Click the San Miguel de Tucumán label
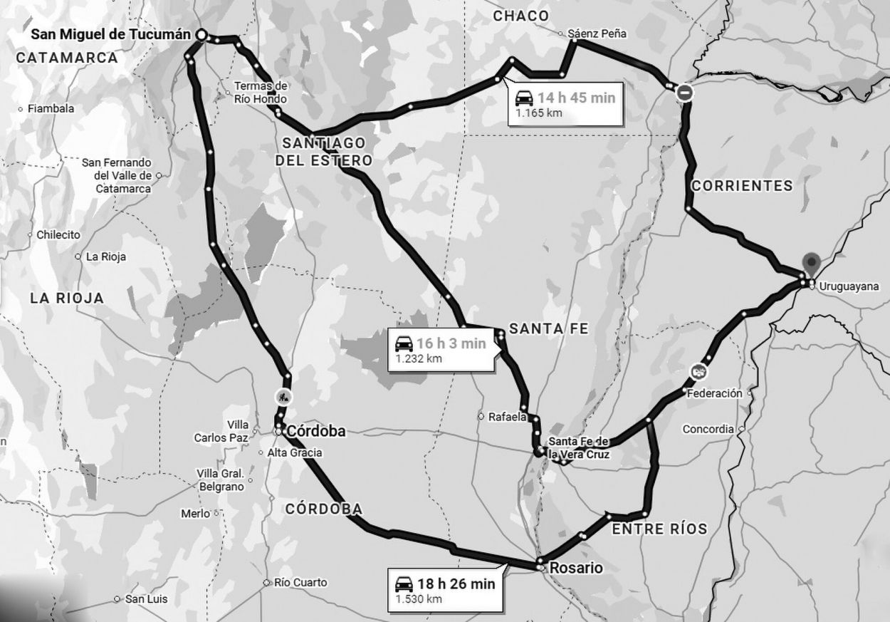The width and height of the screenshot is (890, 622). click(x=111, y=34)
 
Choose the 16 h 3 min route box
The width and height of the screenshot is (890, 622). click(x=441, y=349)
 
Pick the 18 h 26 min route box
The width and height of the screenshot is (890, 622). click(x=444, y=590)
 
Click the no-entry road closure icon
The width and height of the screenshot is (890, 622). click(x=684, y=92)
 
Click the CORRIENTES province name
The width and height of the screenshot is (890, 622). click(x=742, y=186)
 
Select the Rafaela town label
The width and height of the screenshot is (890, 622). click(x=508, y=417)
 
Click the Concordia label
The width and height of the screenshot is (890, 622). click(x=708, y=430)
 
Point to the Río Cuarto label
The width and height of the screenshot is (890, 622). click(x=300, y=583)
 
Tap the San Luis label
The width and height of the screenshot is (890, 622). click(x=146, y=599)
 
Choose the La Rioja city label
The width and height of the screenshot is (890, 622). click(x=105, y=256)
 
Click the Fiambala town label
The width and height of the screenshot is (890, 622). click(x=51, y=109)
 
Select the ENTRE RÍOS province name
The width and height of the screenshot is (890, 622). click(x=659, y=529)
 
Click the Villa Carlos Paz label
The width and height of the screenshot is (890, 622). click(x=221, y=432)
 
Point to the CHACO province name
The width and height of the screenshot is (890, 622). click(x=521, y=16)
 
